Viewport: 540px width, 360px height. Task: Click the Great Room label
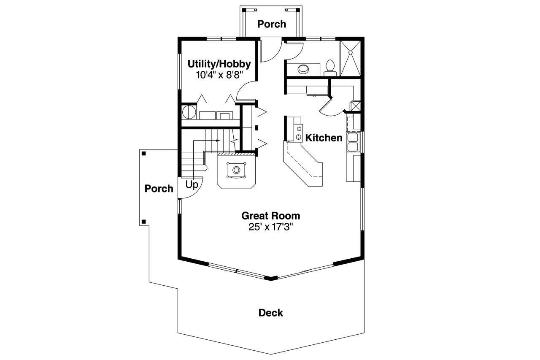270,216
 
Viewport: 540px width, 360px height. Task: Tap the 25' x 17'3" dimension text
270,227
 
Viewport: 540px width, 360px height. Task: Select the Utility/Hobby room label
219,64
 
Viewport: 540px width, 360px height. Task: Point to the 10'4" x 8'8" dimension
219,75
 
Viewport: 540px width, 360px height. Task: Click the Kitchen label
324,138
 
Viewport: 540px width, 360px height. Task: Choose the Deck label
270,313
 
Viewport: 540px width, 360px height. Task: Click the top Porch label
272,24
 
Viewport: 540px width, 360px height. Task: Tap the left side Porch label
159,189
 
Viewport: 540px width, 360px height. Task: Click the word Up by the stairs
192,185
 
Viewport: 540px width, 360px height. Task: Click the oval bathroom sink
303,68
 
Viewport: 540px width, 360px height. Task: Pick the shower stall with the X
350,58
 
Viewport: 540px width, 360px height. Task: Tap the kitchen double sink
352,142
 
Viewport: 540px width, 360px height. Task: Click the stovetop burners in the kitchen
299,132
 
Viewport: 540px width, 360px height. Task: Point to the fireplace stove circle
236,170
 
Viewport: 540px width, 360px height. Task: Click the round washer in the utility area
189,113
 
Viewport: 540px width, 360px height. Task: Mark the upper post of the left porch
144,153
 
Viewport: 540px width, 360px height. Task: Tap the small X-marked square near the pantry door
356,106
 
